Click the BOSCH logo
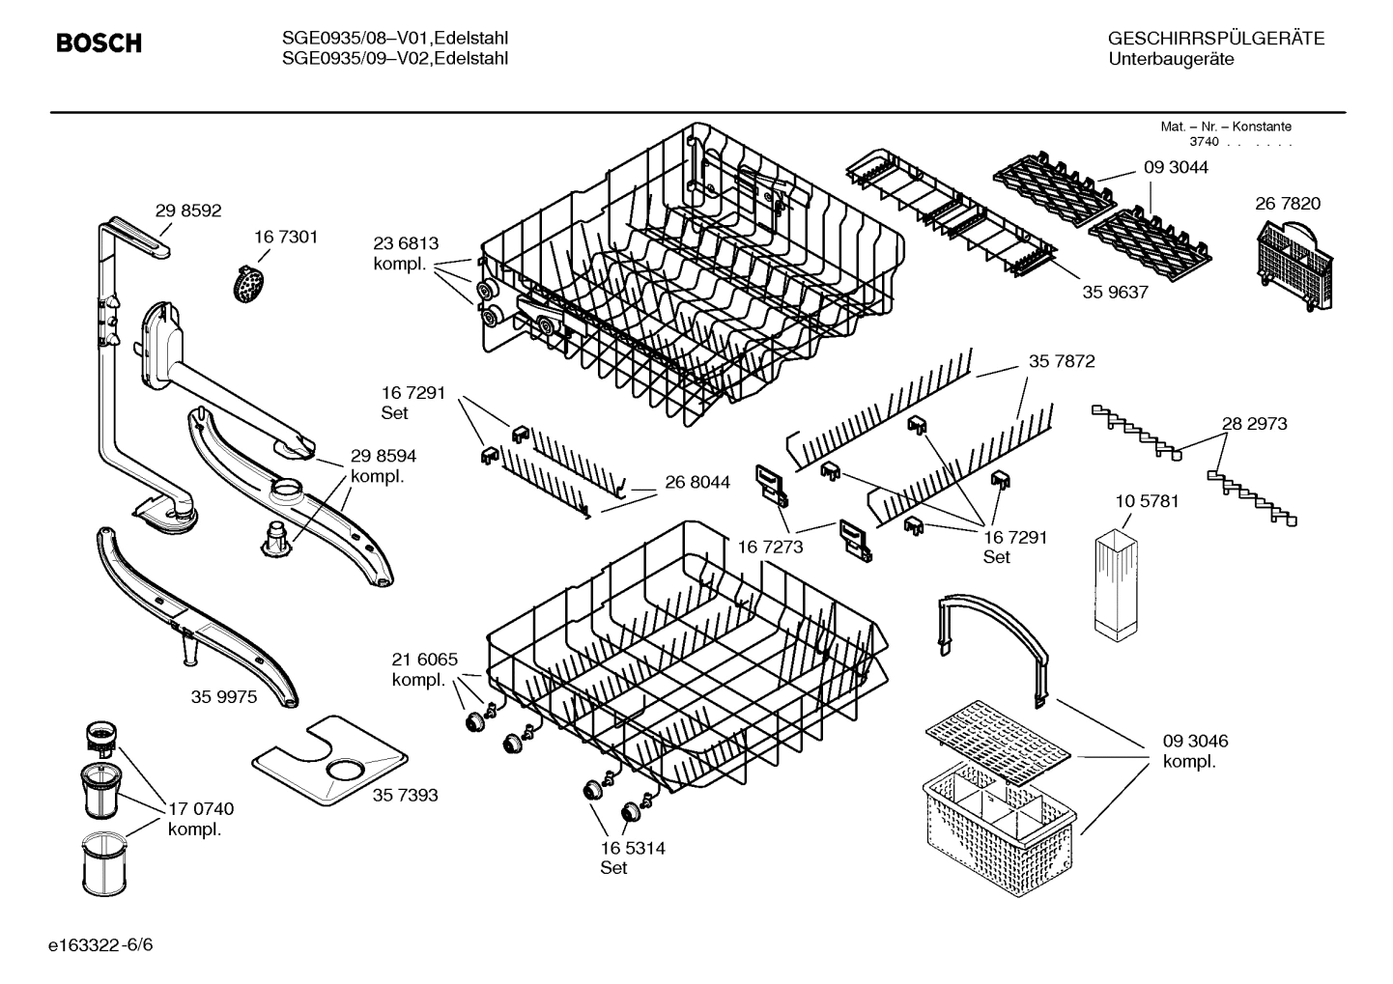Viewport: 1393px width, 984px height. tap(99, 43)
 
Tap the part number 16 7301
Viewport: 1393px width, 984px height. tap(286, 237)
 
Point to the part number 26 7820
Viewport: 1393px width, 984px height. tap(1288, 203)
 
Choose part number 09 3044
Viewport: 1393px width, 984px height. tap(1176, 167)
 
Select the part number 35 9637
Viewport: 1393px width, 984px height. tap(1115, 292)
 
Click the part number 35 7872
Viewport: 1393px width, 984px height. tap(1062, 361)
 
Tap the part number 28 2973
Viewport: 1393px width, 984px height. tap(1254, 423)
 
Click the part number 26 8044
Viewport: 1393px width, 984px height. tap(696, 482)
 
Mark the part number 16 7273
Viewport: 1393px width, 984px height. tap(771, 548)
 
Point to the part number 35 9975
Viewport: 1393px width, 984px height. tap(224, 696)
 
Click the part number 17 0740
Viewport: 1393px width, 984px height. tap(201, 809)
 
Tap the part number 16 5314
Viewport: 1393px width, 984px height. tap(632, 848)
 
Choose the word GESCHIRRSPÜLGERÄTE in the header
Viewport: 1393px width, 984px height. tap(1215, 39)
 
